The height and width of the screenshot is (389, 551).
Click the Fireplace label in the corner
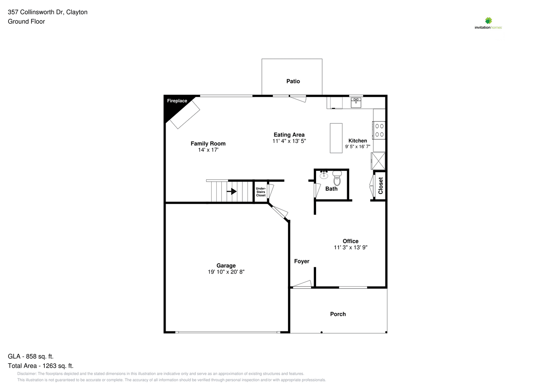click(x=177, y=101)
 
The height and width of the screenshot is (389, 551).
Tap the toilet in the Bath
click(x=337, y=178)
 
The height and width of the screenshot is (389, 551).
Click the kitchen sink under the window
click(x=356, y=103)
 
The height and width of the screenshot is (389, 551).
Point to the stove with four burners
click(x=379, y=130)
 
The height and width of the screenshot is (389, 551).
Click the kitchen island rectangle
click(x=336, y=138)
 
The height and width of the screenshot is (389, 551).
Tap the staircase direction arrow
click(x=231, y=191)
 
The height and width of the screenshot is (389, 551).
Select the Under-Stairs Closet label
click(x=261, y=192)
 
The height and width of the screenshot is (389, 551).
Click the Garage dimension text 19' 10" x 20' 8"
click(x=226, y=272)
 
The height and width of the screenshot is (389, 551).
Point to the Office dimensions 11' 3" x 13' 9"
click(x=351, y=247)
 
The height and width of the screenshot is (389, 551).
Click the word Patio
click(x=293, y=81)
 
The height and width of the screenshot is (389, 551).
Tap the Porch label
click(x=338, y=314)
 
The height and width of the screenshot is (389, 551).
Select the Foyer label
click(x=302, y=261)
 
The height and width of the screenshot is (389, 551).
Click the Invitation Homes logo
click(x=488, y=23)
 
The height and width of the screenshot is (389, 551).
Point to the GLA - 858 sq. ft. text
click(x=30, y=356)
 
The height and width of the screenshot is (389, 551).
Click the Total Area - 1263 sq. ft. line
click(x=41, y=366)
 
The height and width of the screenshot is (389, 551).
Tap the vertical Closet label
click(x=381, y=186)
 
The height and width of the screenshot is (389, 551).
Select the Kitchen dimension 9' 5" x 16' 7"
click(x=358, y=147)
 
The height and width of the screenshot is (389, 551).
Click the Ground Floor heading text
click(x=26, y=22)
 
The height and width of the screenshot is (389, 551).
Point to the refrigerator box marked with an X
click(x=378, y=161)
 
